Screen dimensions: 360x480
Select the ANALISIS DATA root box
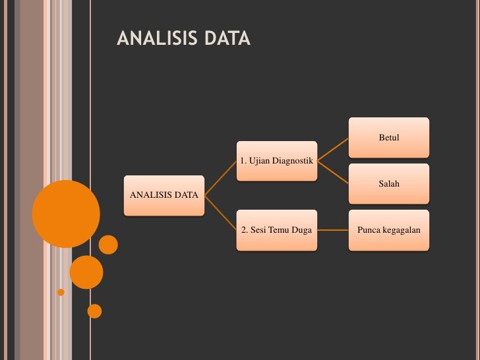[164, 195]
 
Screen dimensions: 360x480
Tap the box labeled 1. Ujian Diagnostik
[276, 160]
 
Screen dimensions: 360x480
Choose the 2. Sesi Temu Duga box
[276, 230]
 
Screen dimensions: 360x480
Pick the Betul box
[389, 138]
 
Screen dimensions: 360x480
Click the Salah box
[389, 184]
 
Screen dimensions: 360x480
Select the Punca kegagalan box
[389, 230]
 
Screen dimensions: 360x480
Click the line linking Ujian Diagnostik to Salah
[333, 172]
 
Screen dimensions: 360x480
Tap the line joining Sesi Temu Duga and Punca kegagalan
[333, 231]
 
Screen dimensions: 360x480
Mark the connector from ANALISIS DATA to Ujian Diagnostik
[221, 178]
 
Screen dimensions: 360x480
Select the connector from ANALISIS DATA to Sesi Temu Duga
[221, 212]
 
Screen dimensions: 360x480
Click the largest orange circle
[66, 214]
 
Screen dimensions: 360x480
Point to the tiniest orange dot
[61, 291]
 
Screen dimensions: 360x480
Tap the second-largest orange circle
[86, 272]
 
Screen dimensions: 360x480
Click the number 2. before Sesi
[244, 230]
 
